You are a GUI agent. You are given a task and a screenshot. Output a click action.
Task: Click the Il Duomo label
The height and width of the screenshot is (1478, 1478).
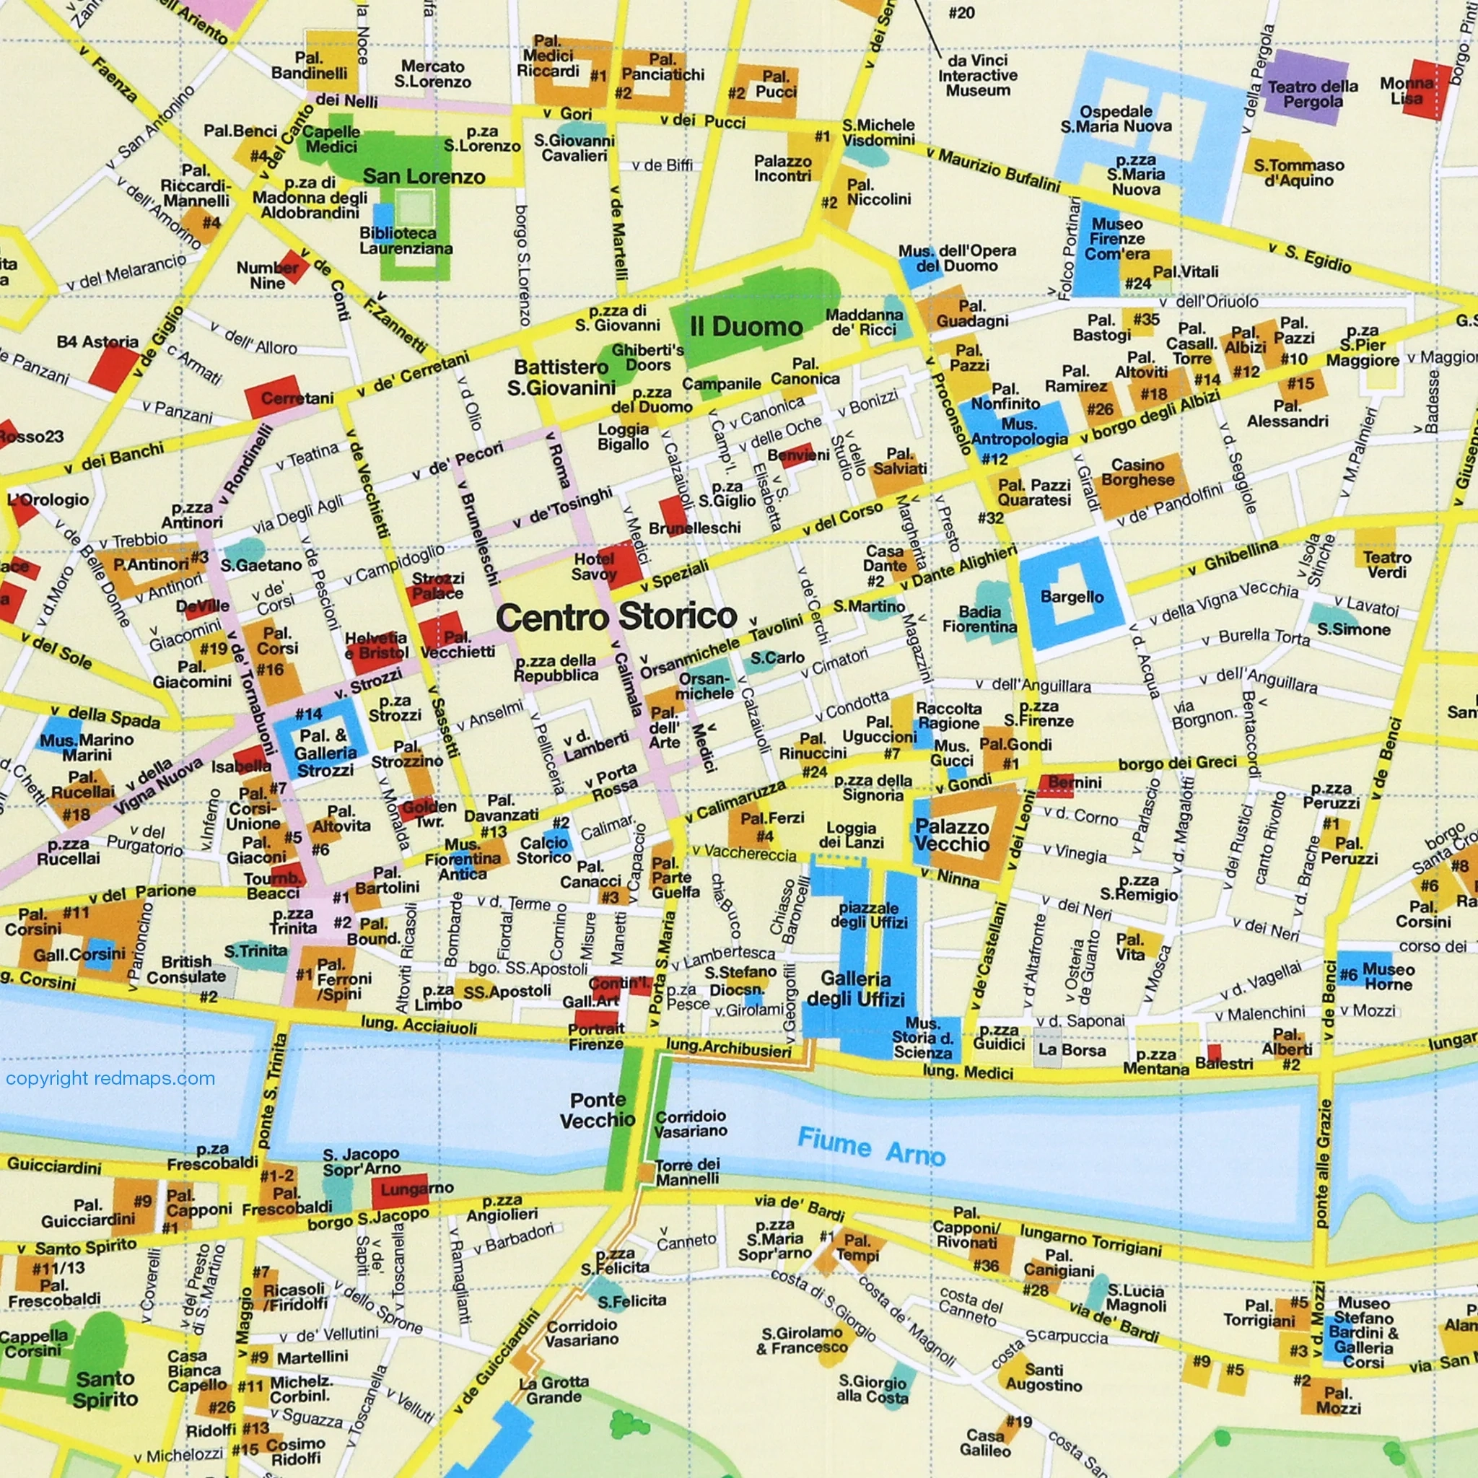point(746,327)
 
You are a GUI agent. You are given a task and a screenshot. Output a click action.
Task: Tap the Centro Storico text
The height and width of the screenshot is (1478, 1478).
point(616,616)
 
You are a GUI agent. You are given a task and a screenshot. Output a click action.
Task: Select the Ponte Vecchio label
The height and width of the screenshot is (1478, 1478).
point(598,1110)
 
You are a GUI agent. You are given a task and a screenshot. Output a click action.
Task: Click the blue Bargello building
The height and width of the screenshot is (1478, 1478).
point(1071,596)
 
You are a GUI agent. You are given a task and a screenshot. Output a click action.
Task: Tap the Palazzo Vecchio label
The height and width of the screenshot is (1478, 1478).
point(952,836)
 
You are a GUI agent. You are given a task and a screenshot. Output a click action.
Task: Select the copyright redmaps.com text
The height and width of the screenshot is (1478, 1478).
point(110,1079)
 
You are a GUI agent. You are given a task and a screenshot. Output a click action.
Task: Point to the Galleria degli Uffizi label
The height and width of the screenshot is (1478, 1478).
point(855,989)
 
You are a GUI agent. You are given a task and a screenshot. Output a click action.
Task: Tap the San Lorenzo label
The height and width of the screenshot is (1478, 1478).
point(424,177)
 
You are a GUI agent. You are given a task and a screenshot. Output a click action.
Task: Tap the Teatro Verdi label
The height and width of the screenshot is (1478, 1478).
point(1386,565)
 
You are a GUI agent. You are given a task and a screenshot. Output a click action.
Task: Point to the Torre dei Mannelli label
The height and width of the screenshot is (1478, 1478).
point(687,1171)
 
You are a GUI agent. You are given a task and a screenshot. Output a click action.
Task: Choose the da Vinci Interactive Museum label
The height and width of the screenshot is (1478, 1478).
point(977,75)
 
